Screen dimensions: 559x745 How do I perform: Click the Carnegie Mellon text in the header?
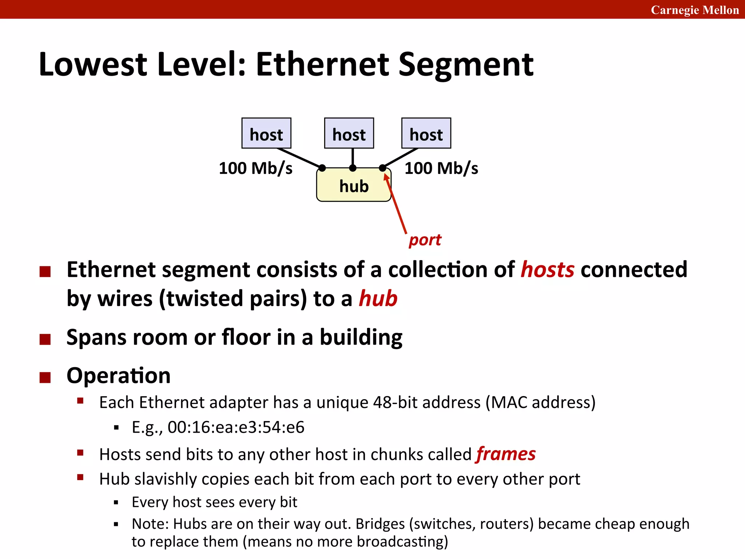tap(694, 10)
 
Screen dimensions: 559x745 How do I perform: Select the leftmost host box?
tap(266, 133)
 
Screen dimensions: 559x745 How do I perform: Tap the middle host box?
tap(349, 133)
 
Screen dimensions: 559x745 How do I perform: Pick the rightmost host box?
tap(426, 133)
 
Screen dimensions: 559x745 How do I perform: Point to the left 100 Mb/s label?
tap(255, 169)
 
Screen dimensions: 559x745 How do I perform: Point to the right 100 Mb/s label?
tap(441, 169)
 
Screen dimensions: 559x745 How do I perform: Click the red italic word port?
tap(425, 240)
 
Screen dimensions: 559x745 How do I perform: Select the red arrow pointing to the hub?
tap(396, 204)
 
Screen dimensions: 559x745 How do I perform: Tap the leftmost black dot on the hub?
tap(322, 168)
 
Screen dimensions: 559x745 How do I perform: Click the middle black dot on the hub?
tap(352, 168)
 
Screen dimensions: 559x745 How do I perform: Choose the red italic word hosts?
tap(547, 270)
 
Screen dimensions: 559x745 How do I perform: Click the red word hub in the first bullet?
tap(378, 299)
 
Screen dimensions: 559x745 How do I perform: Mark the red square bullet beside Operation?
tap(45, 377)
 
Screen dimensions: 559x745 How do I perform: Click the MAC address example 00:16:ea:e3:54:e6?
tap(236, 427)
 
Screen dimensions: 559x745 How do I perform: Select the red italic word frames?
tap(506, 454)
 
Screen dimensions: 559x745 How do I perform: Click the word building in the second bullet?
tap(361, 337)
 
